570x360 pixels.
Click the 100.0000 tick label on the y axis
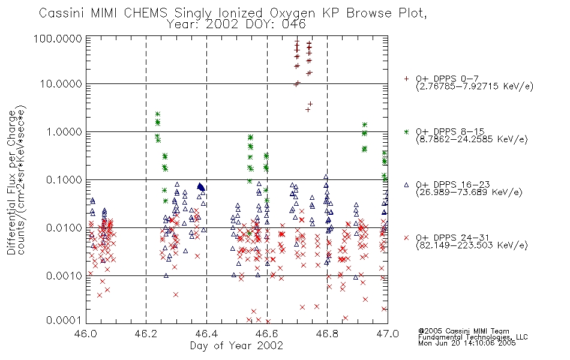[x=58, y=38]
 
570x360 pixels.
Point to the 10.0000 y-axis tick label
[x=61, y=84]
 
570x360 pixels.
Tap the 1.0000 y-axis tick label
[x=64, y=131]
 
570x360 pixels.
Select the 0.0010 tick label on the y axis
[x=64, y=275]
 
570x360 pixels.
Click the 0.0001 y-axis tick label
[x=64, y=320]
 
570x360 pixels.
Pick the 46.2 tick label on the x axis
[x=146, y=334]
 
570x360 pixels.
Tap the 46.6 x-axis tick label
[x=267, y=334]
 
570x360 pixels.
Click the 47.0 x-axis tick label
[x=388, y=334]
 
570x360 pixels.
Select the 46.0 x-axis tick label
[x=86, y=334]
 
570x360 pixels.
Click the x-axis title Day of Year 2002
[x=236, y=346]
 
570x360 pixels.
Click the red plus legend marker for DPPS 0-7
[x=406, y=79]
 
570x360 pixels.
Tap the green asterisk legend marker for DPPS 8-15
[x=406, y=131]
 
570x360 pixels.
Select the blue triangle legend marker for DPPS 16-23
[x=406, y=185]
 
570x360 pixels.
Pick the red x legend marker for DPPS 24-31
[x=406, y=238]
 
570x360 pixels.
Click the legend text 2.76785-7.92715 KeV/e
[x=475, y=86]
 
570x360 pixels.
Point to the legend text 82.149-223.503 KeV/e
[x=472, y=245]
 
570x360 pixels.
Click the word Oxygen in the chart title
[x=293, y=13]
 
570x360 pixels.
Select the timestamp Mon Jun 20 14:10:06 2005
[x=467, y=343]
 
